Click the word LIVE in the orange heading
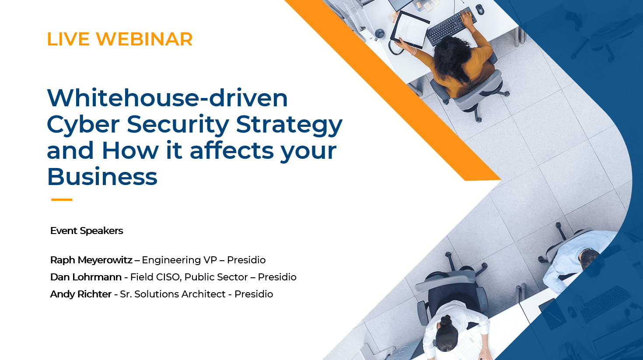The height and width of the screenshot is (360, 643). coord(68,39)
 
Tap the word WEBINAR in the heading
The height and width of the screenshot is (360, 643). coord(144,39)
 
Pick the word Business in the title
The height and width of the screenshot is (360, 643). coord(102,176)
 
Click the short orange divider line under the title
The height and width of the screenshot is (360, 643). coord(62,199)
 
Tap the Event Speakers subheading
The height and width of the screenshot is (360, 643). coord(87,231)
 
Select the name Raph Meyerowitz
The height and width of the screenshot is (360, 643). coord(91,260)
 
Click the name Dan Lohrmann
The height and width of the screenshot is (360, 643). coord(86,277)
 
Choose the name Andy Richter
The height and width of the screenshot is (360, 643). coord(81,294)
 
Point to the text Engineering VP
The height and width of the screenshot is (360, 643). coord(179,260)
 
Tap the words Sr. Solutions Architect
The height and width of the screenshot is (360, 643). coord(173,294)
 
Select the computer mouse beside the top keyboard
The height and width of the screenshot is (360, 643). coord(480,9)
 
